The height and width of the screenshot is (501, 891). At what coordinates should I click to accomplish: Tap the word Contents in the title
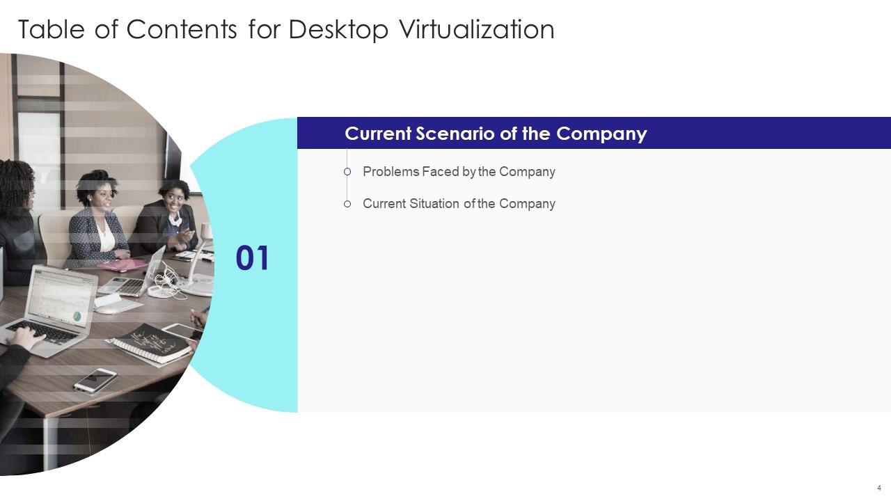(x=183, y=30)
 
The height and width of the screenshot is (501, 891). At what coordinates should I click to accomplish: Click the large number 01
(x=252, y=259)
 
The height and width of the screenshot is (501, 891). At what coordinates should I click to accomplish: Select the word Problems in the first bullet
(x=391, y=172)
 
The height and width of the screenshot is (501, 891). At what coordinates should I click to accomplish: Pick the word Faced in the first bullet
(x=440, y=172)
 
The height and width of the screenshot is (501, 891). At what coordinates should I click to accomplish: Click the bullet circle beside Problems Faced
(x=347, y=172)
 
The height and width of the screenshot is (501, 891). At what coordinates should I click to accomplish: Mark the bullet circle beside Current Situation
(x=347, y=204)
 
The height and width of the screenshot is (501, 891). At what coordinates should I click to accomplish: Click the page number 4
(x=879, y=487)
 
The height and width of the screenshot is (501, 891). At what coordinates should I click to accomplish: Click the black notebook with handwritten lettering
(x=152, y=343)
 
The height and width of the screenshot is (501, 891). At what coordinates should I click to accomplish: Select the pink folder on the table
(x=121, y=265)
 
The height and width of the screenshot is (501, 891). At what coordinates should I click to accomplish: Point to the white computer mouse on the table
(x=108, y=309)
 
